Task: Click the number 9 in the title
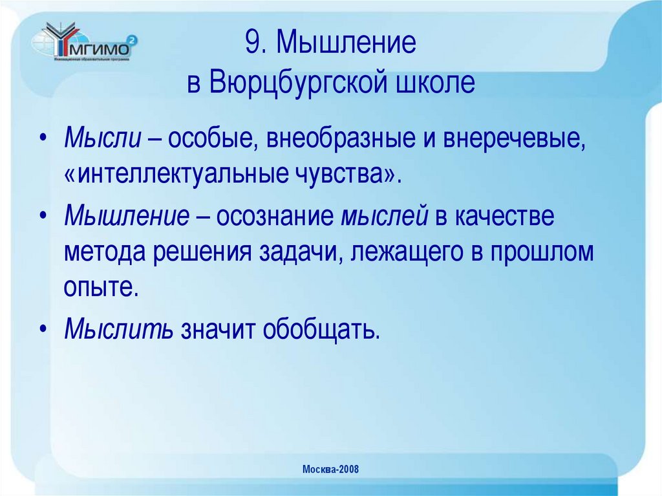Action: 251,45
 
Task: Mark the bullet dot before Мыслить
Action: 43,329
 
